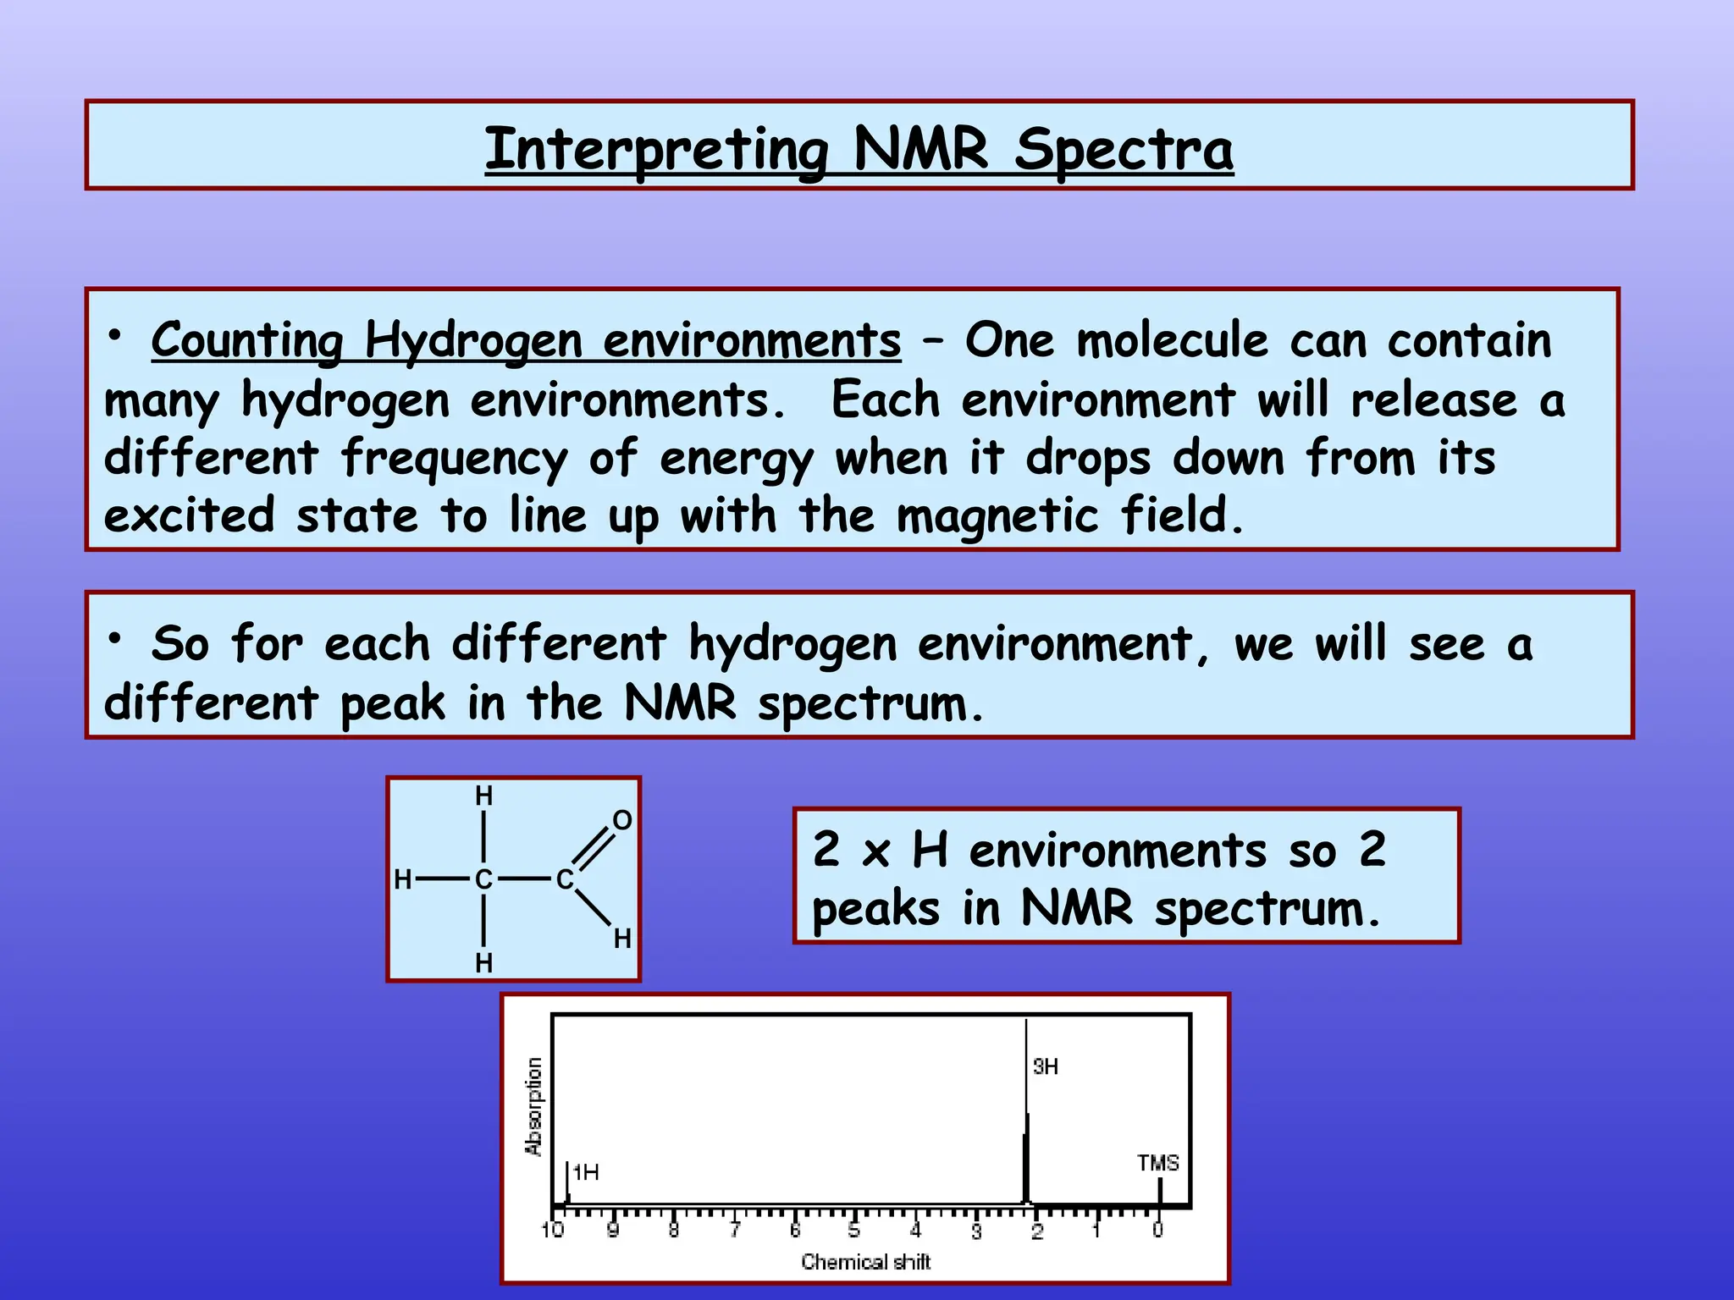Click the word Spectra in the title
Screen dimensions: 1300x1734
[1124, 151]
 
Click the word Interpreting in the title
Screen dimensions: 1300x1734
[657, 151]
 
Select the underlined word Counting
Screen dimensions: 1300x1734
[247, 340]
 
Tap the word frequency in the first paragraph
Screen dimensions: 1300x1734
[455, 459]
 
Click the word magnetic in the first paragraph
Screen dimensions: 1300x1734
[997, 515]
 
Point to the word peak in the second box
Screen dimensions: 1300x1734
[392, 703]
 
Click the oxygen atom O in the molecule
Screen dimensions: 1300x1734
[622, 820]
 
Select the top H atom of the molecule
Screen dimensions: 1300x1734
[483, 796]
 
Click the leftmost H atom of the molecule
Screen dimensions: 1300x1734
[403, 880]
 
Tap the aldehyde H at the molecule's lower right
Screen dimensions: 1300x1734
[622, 939]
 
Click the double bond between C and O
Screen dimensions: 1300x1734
[596, 848]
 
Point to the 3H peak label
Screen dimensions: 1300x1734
[1046, 1067]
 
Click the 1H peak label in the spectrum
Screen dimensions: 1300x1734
[586, 1173]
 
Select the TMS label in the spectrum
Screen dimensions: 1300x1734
[1157, 1164]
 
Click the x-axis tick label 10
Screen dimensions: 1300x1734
[552, 1231]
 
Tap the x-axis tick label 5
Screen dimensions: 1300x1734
[854, 1231]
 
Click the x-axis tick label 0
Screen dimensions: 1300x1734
[1157, 1231]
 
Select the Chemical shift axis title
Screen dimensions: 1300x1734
[865, 1263]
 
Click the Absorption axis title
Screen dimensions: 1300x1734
[533, 1106]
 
